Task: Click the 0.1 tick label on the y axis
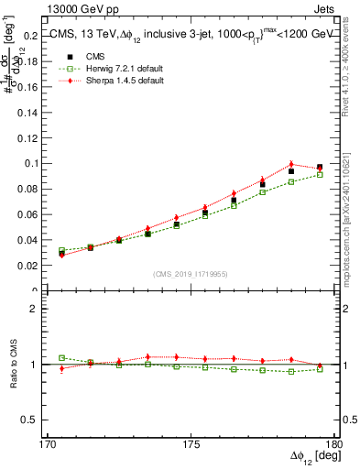coord(28,163)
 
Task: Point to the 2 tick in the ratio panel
coord(34,309)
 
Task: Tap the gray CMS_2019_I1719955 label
coord(190,273)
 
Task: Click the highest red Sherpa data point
coord(291,164)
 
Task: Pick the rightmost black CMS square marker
coord(320,168)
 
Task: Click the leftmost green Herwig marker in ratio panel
coord(62,357)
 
